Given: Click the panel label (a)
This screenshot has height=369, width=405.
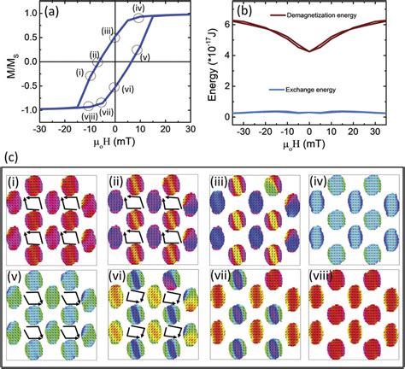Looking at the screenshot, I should [x=61, y=14].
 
